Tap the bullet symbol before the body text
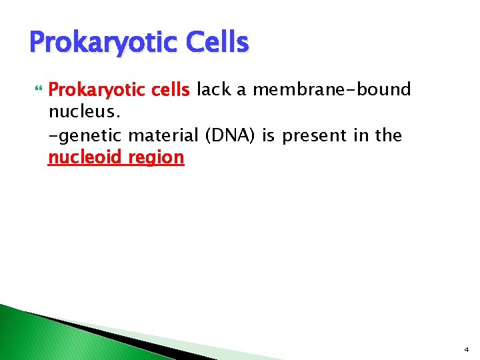tap(37, 90)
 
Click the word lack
tap(213, 89)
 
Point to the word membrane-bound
tap(331, 89)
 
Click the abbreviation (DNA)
tap(230, 135)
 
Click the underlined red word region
tap(157, 158)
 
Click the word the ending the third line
tap(388, 135)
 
